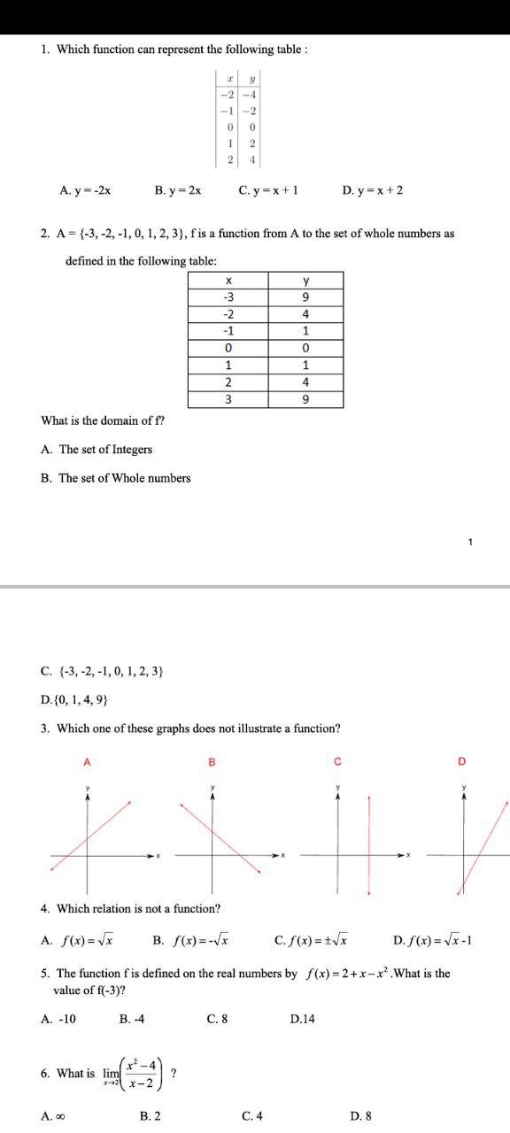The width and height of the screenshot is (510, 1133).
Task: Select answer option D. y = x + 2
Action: [x=372, y=190]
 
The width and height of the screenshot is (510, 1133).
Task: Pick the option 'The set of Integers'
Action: [x=97, y=450]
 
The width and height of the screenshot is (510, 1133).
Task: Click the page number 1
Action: [x=471, y=542]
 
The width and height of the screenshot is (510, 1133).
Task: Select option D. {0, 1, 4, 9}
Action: [x=75, y=700]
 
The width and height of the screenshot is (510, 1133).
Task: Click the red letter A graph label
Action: [x=87, y=761]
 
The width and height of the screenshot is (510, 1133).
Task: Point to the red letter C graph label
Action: [x=337, y=761]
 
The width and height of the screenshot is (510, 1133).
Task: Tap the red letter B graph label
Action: [x=212, y=761]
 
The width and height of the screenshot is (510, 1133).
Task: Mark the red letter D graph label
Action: [x=461, y=761]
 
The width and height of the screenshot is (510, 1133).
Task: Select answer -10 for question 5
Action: [x=58, y=1019]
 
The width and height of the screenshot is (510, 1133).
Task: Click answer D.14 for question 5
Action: [x=302, y=1019]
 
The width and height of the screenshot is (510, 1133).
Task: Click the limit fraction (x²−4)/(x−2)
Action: [x=143, y=1073]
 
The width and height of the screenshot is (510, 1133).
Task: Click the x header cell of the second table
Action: [x=228, y=281]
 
